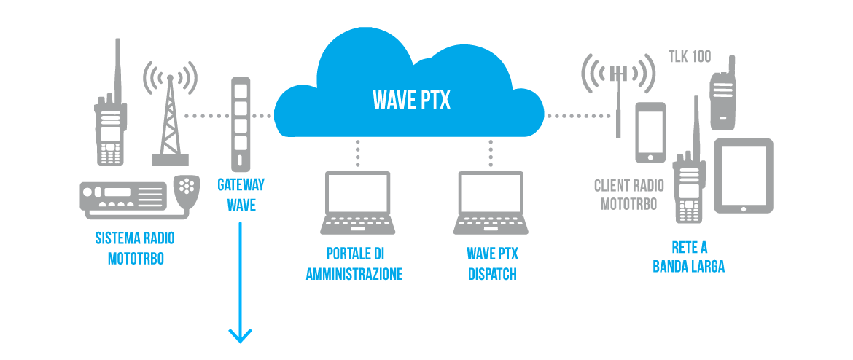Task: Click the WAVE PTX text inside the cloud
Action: tap(411, 100)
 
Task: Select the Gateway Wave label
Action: tap(241, 195)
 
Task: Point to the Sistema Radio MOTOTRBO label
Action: tap(135, 249)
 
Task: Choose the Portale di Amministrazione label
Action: tap(354, 264)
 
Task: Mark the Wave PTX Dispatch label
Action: tap(492, 264)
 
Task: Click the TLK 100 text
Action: tap(690, 57)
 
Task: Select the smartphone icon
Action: tap(650, 132)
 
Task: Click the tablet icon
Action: tap(743, 176)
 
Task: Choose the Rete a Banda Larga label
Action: tap(688, 257)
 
